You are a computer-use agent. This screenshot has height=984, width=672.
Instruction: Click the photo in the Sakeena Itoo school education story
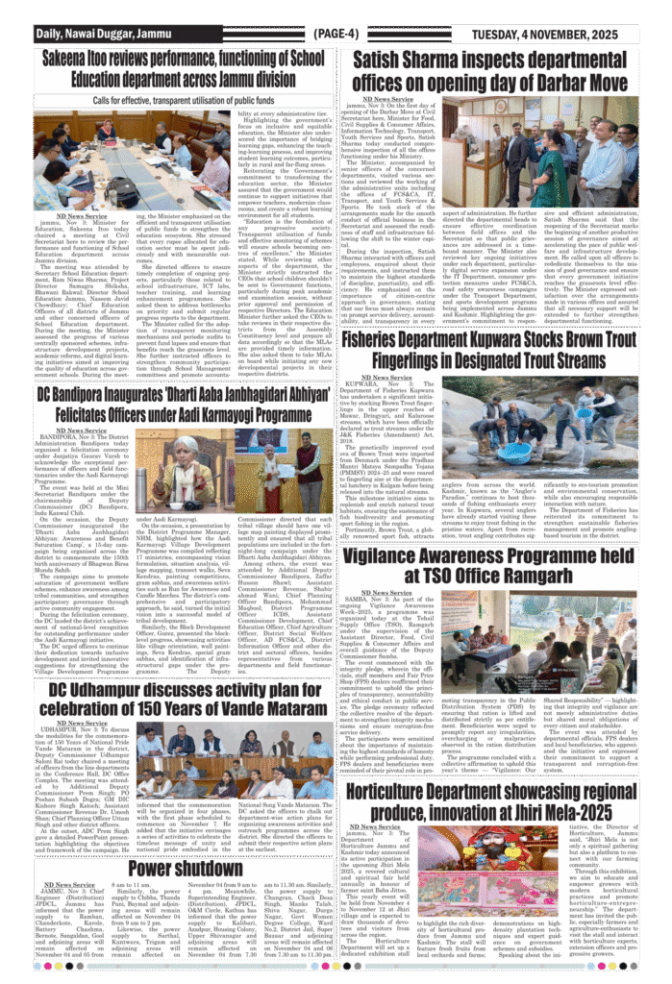[99, 160]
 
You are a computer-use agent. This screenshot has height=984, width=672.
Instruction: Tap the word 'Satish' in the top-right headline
[383, 60]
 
